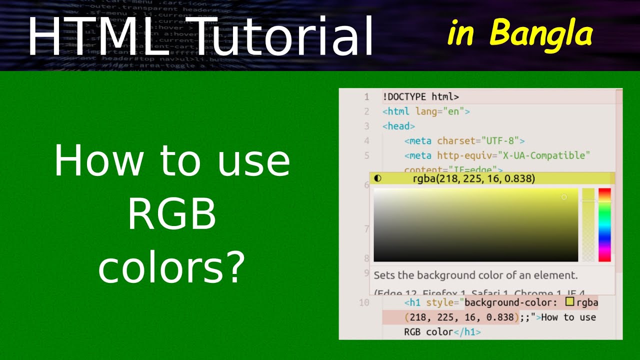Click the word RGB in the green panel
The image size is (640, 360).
(171, 214)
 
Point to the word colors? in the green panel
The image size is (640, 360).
(171, 267)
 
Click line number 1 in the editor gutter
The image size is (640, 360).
(366, 97)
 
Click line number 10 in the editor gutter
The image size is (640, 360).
(364, 302)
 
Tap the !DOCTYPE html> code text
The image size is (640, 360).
(420, 97)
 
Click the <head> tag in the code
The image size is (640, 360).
(398, 126)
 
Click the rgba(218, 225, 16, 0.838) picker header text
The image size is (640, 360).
(473, 178)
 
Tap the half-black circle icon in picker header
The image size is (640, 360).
(377, 178)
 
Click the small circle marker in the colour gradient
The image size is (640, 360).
(564, 197)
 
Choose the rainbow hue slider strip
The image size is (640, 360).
(604, 224)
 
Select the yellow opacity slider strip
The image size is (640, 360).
(588, 224)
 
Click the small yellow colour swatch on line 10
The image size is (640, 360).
(569, 302)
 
